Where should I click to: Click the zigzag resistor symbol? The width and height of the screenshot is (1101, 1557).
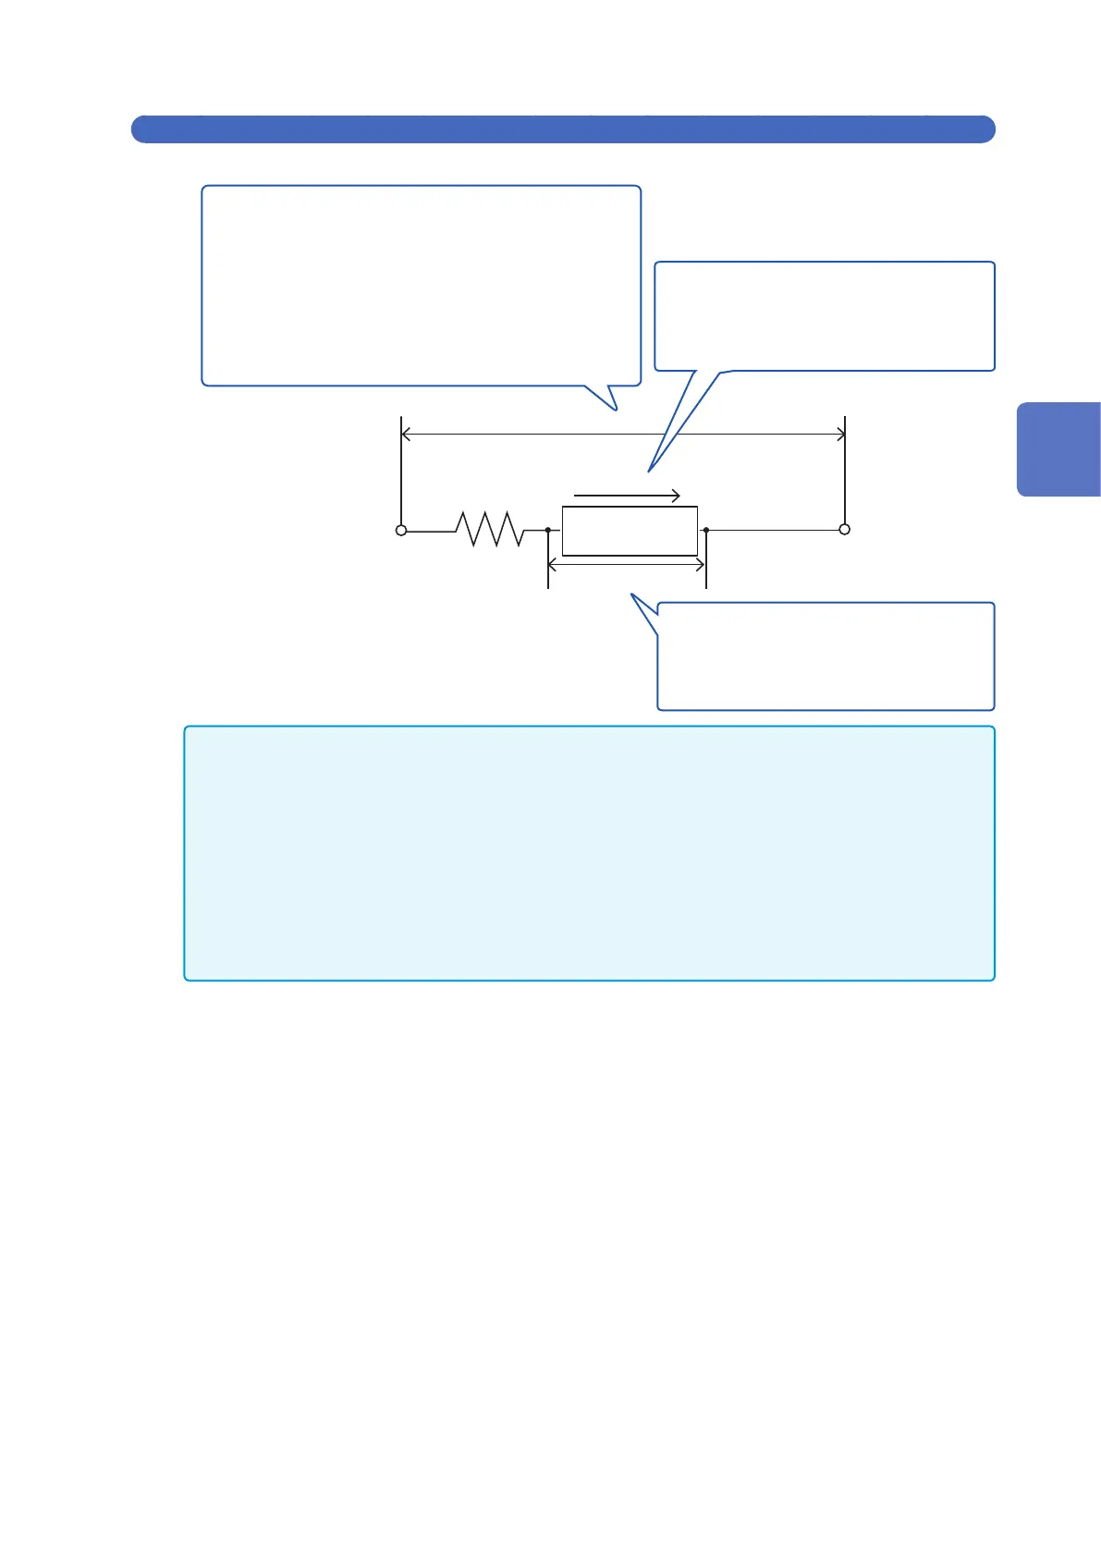pyautogui.click(x=490, y=530)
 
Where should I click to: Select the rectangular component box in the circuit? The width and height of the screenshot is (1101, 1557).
pyautogui.click(x=630, y=531)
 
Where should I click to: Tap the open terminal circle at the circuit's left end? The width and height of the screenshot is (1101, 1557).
pyautogui.click(x=401, y=531)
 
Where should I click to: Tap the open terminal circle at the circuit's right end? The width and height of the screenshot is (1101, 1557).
pyautogui.click(x=844, y=530)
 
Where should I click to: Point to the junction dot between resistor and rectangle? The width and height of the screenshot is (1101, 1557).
pyautogui.click(x=548, y=531)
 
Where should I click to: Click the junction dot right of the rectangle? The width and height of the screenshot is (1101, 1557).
pyautogui.click(x=706, y=531)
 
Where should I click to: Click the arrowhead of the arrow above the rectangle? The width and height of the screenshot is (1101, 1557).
pyautogui.click(x=677, y=496)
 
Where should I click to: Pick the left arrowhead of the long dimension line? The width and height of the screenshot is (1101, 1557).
pyautogui.click(x=405, y=434)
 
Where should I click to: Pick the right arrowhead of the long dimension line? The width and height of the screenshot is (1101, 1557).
pyautogui.click(x=841, y=434)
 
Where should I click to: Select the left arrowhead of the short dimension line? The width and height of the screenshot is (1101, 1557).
pyautogui.click(x=552, y=564)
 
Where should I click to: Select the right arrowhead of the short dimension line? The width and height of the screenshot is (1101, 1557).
pyautogui.click(x=703, y=564)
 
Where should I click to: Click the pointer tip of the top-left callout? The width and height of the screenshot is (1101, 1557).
pyautogui.click(x=615, y=410)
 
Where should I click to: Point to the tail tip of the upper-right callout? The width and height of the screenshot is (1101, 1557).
pyautogui.click(x=650, y=472)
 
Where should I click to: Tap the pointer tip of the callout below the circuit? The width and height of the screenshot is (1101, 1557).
pyautogui.click(x=632, y=595)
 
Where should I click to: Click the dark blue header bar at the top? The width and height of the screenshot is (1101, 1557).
pyautogui.click(x=562, y=129)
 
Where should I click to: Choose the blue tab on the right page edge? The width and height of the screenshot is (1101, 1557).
pyautogui.click(x=1059, y=449)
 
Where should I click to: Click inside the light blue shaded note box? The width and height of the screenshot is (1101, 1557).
pyautogui.click(x=589, y=852)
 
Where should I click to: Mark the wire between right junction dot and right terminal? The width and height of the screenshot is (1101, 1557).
pyautogui.click(x=775, y=531)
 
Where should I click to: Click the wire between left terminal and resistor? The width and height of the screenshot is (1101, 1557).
pyautogui.click(x=430, y=531)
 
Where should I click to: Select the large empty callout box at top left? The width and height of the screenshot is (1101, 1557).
pyautogui.click(x=421, y=285)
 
